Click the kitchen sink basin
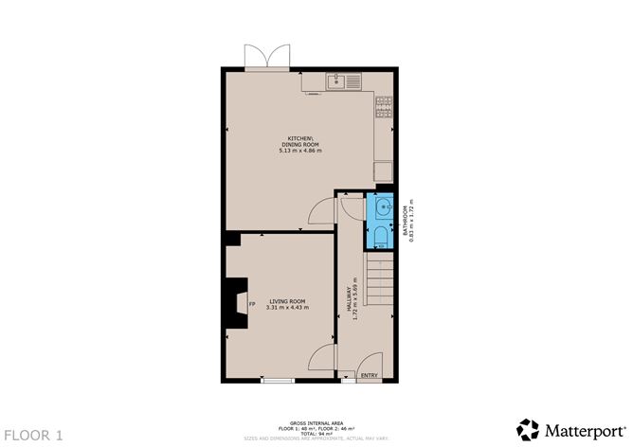pos(336,82)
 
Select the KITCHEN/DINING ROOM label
pos(299,141)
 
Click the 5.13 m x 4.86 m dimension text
pos(299,151)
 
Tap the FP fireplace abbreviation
pos(251,304)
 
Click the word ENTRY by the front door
pos(369,376)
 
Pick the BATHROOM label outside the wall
pos(405,221)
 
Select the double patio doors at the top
pos(267,59)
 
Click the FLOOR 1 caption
pos(33,435)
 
